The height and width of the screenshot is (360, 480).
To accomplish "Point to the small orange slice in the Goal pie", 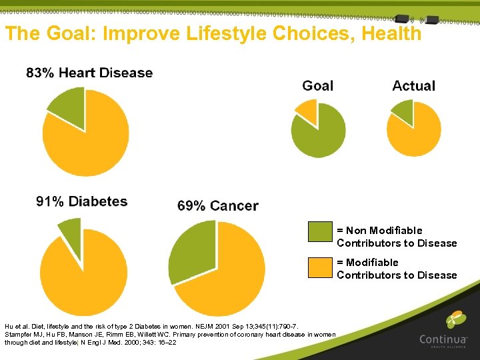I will coord(307,111).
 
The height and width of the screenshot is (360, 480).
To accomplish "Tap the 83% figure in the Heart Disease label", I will coord(40,73).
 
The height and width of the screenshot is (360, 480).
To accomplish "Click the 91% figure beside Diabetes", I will coord(50,201).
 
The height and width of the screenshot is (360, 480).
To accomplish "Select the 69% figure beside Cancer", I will coord(191,206).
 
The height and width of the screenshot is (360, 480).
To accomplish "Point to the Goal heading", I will coord(317,85).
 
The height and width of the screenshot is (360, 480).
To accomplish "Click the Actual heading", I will coord(413,85).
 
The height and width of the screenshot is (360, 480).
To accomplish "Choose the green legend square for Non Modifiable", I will coord(320,231).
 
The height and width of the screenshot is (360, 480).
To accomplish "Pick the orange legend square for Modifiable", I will coord(320,266).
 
